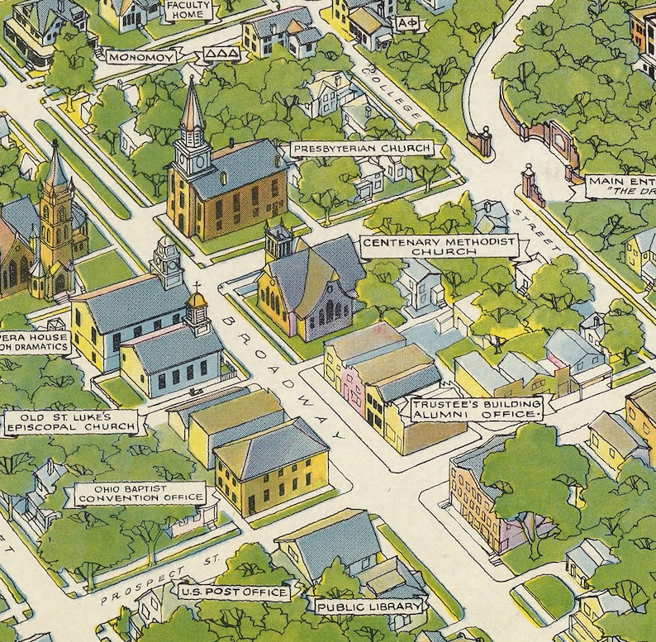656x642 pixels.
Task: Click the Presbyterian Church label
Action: tap(361, 149)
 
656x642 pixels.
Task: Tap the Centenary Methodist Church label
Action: tap(439, 245)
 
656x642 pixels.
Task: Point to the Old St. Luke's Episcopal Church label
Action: tap(69, 422)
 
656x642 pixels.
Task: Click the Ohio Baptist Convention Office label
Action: tap(138, 493)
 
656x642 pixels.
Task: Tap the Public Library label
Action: tap(369, 606)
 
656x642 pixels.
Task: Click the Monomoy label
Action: tap(141, 58)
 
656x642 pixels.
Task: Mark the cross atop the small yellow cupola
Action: tap(197, 288)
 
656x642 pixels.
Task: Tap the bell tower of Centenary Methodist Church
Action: tap(278, 242)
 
